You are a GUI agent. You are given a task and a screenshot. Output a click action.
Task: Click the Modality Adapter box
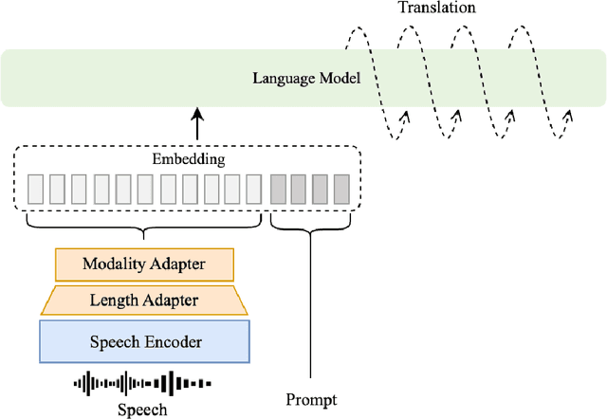144,264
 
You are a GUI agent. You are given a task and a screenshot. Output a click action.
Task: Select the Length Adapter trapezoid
144,301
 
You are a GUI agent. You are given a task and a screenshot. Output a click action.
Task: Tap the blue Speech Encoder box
144,341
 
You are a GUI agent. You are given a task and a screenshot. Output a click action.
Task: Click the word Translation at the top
437,9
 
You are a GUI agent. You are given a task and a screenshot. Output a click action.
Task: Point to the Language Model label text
306,78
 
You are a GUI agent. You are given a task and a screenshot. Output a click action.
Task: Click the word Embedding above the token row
189,159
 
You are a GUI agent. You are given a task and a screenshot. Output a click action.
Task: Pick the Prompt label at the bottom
311,400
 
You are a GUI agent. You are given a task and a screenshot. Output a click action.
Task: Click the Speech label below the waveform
142,410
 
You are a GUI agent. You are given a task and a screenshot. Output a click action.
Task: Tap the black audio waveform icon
142,384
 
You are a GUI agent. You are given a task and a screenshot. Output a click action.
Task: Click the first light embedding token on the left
35,190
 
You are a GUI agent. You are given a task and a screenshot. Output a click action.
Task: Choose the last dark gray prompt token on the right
341,190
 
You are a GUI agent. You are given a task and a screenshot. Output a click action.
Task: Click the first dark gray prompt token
279,190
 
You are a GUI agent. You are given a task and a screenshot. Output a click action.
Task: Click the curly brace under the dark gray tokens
311,225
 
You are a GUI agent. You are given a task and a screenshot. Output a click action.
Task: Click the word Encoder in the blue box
174,341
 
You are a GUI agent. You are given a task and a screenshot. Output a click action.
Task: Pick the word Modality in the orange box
114,264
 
